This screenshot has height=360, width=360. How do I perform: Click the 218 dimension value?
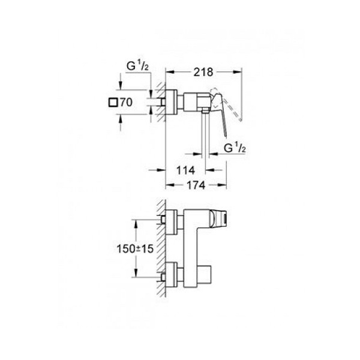point(203,72)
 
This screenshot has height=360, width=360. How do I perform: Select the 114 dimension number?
point(185,170)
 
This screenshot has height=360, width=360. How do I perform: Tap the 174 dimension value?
point(196,185)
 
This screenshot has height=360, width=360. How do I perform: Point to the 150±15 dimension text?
point(135,248)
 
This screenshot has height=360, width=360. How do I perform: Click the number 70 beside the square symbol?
point(126,102)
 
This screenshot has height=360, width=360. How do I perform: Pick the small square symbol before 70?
point(113,102)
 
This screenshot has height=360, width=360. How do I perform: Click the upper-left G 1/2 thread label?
point(138,66)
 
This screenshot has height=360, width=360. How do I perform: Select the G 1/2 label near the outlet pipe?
point(235,148)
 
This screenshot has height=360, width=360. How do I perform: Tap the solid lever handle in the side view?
point(220,110)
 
